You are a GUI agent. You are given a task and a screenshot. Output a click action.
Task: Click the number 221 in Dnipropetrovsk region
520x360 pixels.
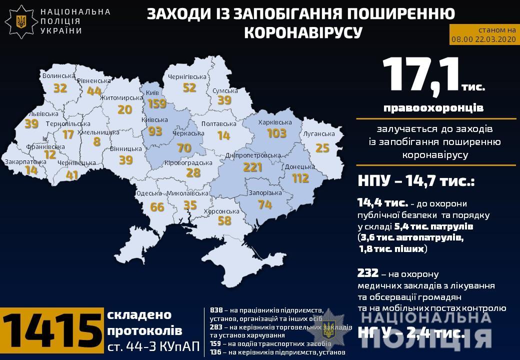(x=252, y=167)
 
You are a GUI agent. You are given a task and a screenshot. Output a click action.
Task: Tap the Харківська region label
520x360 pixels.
(x=274, y=122)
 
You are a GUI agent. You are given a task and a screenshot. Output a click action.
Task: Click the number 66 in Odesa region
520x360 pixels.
(x=157, y=206)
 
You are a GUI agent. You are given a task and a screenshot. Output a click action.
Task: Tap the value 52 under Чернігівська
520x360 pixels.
(x=189, y=88)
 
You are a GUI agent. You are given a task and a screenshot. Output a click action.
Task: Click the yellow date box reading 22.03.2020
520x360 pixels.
(x=482, y=34)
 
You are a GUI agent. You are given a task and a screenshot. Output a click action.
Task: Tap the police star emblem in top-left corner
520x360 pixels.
(x=21, y=21)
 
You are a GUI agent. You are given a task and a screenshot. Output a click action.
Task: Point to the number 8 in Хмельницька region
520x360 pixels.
(x=96, y=141)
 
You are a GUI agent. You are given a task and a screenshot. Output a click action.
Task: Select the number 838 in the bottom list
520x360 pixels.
(x=216, y=310)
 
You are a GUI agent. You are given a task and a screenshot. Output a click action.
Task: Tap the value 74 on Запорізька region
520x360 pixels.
(x=264, y=204)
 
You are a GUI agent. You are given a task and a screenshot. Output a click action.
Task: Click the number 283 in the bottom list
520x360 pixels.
(x=216, y=327)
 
